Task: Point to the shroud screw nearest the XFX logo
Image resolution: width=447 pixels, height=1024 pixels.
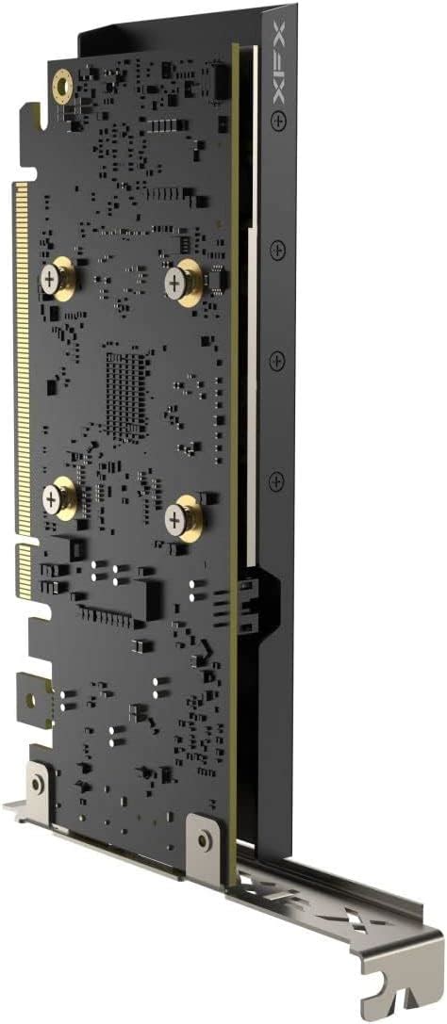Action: coord(278,121)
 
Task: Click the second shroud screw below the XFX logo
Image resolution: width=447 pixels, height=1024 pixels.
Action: coord(276,250)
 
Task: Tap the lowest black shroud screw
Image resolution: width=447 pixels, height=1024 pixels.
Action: coord(276,481)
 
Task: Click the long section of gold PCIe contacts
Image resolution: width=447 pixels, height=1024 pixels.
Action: coord(20,358)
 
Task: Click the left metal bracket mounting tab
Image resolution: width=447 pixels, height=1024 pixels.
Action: coord(38,782)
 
